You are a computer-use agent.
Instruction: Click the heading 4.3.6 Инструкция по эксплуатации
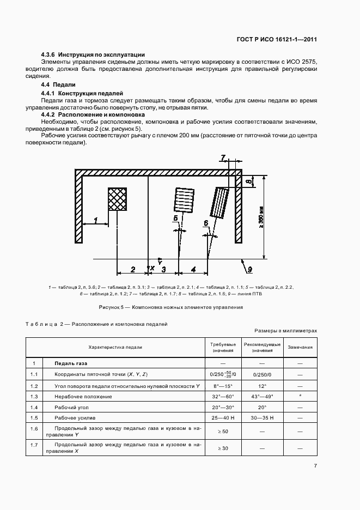tap(93, 54)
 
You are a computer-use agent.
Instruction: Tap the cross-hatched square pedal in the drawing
tap(117, 199)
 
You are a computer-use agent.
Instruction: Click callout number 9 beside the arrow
tap(250, 269)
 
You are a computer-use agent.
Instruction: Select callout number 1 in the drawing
tap(95, 220)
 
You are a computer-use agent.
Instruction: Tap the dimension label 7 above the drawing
tap(223, 158)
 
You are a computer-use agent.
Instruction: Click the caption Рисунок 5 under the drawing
tap(170, 307)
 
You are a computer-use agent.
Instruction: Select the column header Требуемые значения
tap(223, 348)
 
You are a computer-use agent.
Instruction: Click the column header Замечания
tap(300, 347)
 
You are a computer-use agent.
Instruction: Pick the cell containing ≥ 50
tap(223, 430)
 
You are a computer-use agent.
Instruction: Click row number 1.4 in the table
tap(34, 408)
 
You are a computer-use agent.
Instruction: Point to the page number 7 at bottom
tap(315, 465)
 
